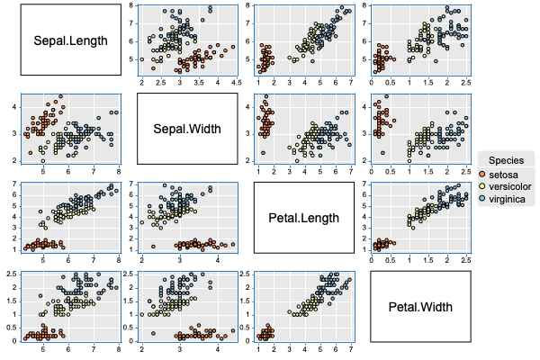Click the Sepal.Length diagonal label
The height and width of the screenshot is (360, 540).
tap(70, 40)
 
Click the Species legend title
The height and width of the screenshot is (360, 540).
tap(507, 158)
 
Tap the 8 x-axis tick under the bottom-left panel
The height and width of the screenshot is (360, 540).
tap(118, 348)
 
